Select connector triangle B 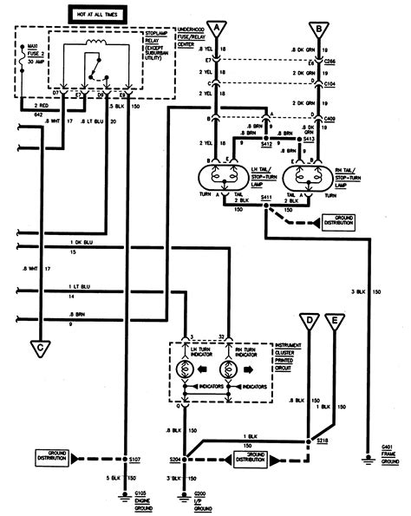[x=321, y=29]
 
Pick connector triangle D [x=309, y=323]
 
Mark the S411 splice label [x=266, y=200]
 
